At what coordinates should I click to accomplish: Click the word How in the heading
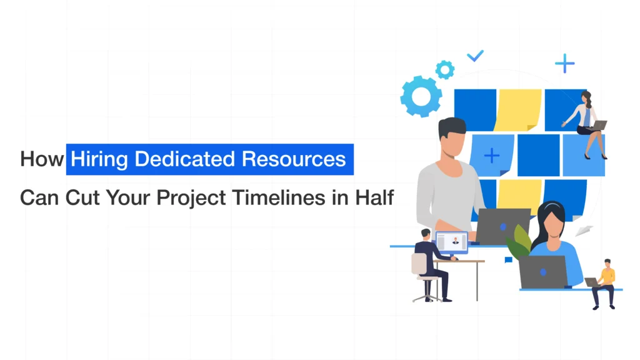42,159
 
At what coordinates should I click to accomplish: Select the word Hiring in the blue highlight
99,159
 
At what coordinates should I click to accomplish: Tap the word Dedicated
185,159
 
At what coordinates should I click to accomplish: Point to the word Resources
294,159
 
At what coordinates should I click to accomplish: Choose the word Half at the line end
374,197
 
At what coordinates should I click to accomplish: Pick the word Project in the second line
191,198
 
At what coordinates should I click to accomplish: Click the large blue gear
421,96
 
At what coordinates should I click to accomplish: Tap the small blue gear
445,70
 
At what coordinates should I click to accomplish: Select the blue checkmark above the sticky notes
476,56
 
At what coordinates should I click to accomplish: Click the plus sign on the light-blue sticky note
491,156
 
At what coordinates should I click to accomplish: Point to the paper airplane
584,231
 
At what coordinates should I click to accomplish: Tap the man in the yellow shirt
604,284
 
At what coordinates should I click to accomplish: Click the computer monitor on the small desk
452,242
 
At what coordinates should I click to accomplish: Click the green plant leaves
519,243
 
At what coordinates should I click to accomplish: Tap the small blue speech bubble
508,259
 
